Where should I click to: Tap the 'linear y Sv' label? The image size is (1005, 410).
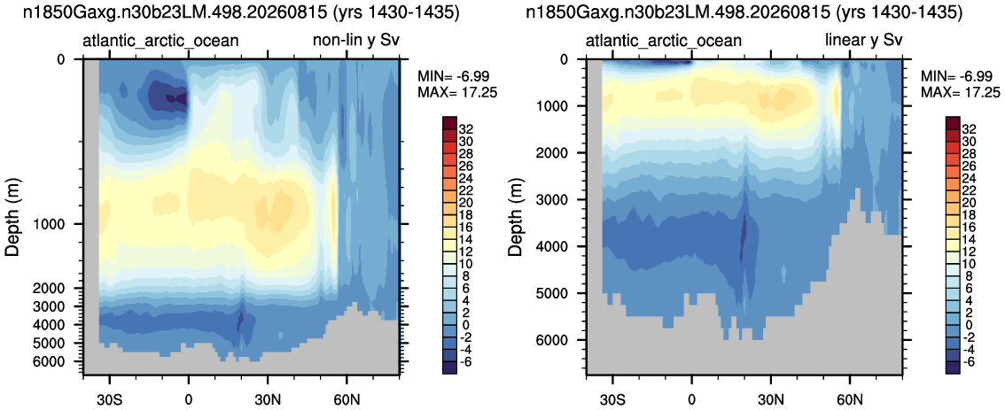tap(862, 42)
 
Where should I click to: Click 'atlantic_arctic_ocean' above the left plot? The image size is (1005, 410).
tap(161, 42)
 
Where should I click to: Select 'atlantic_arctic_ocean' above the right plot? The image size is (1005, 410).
tap(664, 42)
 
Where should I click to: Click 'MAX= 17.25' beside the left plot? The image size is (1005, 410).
tap(448, 92)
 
